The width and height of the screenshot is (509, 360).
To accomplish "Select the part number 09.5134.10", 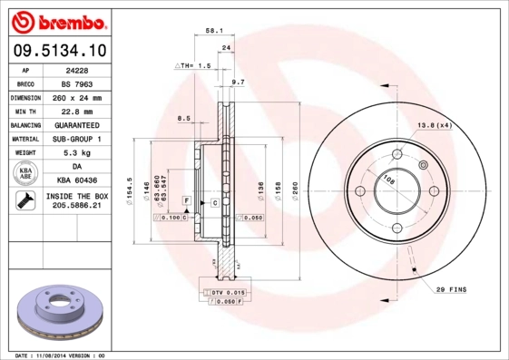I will pyautogui.click(x=57, y=51).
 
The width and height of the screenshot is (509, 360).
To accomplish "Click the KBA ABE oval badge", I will pyautogui.click(x=26, y=174).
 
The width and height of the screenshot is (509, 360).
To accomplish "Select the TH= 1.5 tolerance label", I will pyautogui.click(x=192, y=66).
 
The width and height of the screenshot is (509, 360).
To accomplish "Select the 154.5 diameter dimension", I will pyautogui.click(x=131, y=191).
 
